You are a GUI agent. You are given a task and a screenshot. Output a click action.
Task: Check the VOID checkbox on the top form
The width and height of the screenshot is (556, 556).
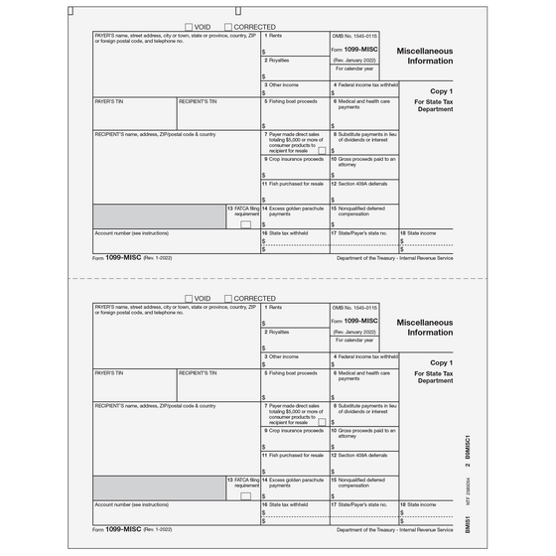pos(189,26)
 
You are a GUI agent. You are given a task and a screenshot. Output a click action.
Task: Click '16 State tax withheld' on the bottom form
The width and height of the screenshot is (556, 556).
pos(286,504)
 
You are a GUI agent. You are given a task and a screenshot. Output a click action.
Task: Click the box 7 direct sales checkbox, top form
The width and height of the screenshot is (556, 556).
pos(321,150)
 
